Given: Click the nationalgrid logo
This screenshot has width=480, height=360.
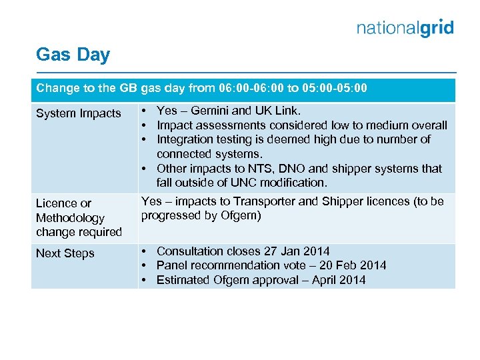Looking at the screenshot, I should [405, 28].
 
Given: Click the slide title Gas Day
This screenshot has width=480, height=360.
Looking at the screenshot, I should [73, 55].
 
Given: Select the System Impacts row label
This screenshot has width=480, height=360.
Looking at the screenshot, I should [78, 113].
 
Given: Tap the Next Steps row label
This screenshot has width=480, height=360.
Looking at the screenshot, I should [65, 253].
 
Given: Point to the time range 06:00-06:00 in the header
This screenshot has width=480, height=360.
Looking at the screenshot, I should [245, 89].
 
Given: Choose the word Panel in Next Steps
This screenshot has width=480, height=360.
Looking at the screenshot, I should [171, 265].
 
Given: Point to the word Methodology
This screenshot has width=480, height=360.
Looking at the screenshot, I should [70, 218].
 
